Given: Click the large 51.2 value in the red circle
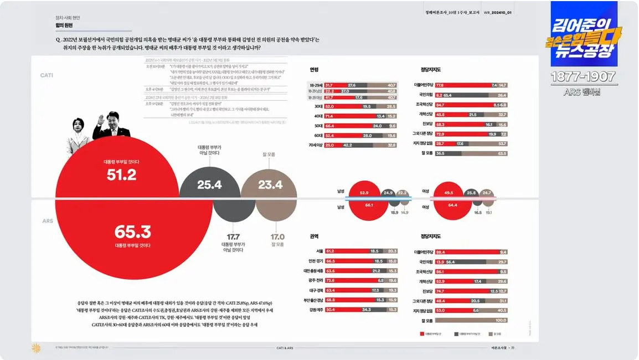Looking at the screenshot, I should (121, 175).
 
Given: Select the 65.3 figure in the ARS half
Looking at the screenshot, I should (132, 232).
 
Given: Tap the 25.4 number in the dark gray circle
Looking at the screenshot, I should (209, 184).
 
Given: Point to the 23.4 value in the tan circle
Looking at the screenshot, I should (270, 184).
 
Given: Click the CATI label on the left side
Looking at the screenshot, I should (47, 75).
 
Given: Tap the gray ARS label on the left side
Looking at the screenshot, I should (48, 220).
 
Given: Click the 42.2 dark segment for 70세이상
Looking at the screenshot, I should (348, 145).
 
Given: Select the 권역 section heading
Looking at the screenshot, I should (314, 236).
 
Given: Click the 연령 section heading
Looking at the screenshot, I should (314, 70).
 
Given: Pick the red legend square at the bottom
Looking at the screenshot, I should (422, 335).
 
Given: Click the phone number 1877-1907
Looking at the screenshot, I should (584, 77).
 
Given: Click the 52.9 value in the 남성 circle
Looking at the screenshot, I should (364, 193).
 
